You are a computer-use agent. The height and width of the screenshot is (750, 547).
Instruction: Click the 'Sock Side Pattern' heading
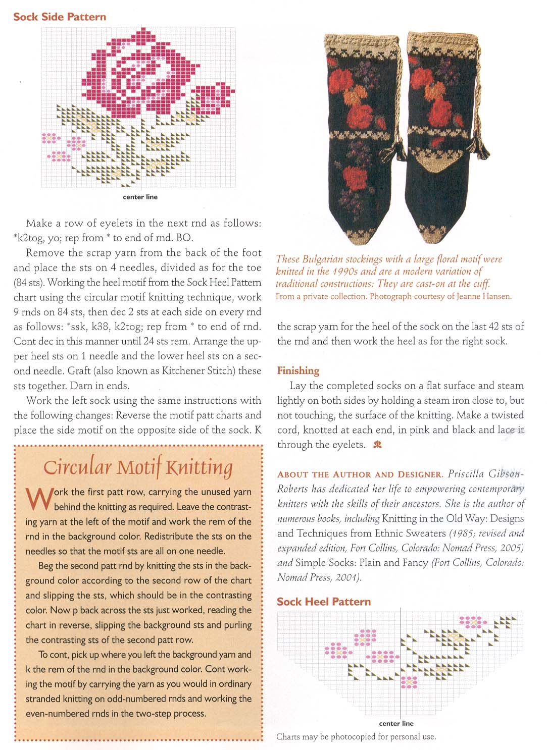[60, 17]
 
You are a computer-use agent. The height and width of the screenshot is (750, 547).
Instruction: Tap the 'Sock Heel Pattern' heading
[323, 602]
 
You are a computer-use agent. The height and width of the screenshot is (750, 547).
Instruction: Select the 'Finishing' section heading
[298, 371]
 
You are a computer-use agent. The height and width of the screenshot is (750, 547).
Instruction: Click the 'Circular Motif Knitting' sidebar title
[138, 467]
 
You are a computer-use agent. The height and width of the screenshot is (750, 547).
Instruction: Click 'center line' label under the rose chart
[140, 197]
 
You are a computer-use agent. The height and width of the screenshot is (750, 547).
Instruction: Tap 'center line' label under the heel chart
[396, 723]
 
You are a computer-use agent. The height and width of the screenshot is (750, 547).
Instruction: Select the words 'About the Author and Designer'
[360, 474]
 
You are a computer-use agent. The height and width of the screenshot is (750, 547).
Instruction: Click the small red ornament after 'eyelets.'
[377, 445]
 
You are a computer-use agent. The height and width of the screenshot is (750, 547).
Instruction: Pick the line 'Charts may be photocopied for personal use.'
[356, 736]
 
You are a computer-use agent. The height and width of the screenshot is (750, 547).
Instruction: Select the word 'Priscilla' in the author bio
[466, 474]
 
